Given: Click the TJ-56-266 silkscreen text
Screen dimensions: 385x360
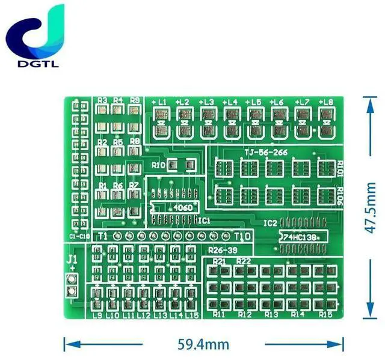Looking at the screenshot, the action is point(265,153).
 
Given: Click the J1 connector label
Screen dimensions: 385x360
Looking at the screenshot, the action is point(72,259).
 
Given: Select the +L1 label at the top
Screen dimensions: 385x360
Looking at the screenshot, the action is point(159,102).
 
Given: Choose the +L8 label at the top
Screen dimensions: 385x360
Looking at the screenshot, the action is point(325,102).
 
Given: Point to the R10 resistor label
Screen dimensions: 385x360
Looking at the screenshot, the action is point(159,165).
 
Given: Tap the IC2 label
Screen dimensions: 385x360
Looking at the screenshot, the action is point(270,222).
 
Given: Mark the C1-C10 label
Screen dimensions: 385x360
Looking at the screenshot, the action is point(79,236).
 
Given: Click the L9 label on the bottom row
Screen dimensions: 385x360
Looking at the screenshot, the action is point(96,315).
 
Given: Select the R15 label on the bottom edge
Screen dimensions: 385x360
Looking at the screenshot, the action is point(325,314).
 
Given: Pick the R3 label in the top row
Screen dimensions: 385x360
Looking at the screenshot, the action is point(102,100).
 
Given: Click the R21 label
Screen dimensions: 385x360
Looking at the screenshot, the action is point(220,261).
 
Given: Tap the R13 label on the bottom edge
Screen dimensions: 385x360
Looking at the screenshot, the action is point(271,314).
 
